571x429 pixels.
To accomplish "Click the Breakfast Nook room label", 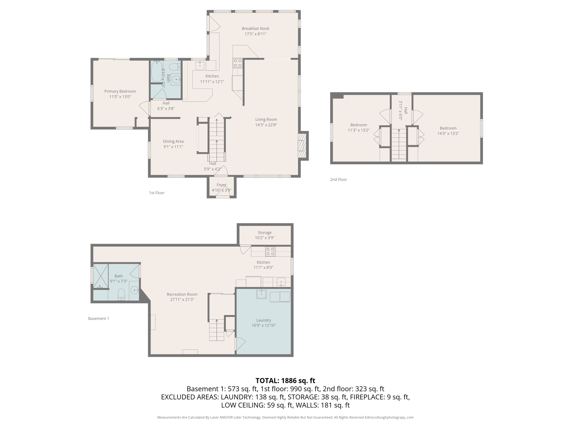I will (255, 28).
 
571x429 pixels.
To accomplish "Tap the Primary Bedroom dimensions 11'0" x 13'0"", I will (120, 97).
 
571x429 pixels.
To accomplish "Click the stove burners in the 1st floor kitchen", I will (238, 63).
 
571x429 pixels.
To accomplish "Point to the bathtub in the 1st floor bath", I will (157, 71).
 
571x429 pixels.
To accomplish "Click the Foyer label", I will (221, 185).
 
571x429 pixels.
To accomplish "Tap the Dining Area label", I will (173, 141).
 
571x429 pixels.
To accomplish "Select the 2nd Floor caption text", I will (338, 180).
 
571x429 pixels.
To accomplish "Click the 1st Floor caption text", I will (156, 193).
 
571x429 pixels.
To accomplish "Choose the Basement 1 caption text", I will (98, 318).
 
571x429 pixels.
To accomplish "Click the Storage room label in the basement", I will (264, 233).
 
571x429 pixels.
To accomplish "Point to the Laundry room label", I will (263, 320).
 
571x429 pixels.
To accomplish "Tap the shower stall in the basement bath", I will (100, 276).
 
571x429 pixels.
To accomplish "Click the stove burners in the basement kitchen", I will (270, 251).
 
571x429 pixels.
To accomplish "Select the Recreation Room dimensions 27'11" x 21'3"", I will (182, 300).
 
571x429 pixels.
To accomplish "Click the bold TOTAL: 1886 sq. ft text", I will (285, 381).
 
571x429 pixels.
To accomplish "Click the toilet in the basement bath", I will (121, 295).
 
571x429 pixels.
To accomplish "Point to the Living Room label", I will (266, 120).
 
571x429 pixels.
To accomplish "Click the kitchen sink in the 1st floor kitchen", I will (200, 66).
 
